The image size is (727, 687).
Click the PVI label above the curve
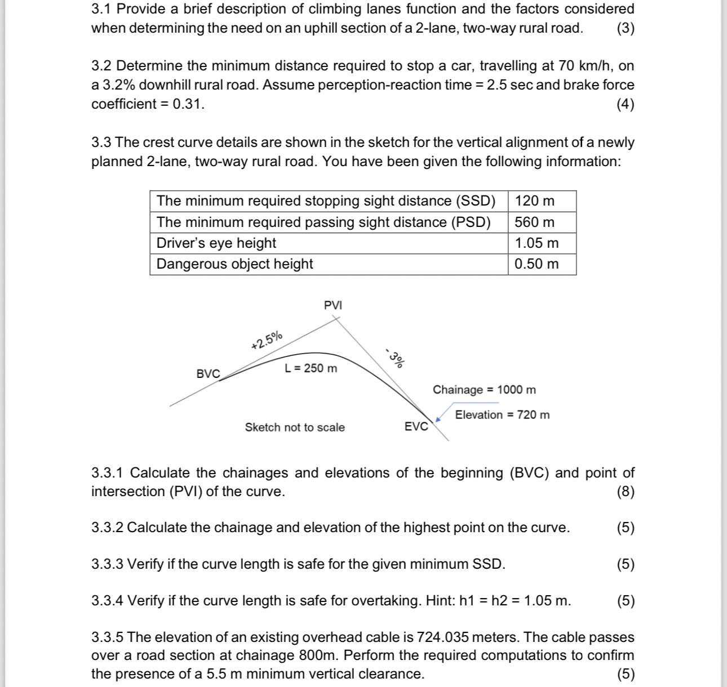pos(333,305)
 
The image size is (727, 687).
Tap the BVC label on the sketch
pos(208,374)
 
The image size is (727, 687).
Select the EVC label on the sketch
pos(416,427)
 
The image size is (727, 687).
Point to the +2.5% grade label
pos(267,341)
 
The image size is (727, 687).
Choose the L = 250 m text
pos(311,368)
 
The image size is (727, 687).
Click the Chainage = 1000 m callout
pos(484,390)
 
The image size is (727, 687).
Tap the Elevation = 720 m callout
pos(502,415)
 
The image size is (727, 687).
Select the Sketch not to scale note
pos(295,427)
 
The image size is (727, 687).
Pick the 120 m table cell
pos(534,201)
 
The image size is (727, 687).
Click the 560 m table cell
pos(534,222)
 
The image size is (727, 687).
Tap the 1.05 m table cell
pos(537,243)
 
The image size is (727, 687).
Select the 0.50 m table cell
pos(537,264)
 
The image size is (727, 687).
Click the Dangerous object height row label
pos(234,264)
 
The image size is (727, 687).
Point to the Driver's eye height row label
pos(216,243)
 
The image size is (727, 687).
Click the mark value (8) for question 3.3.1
pos(626,492)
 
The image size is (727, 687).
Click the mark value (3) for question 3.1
pos(626,28)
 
